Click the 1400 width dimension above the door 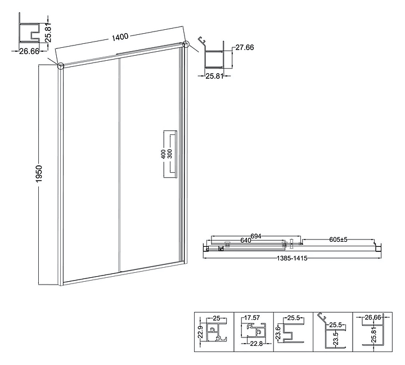click(x=120, y=36)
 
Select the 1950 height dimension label click(x=39, y=174)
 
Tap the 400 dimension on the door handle click(x=163, y=154)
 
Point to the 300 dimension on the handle click(x=169, y=154)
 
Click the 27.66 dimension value click(x=245, y=47)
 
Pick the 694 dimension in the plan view click(x=256, y=236)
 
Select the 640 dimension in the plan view click(x=246, y=241)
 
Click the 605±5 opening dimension click(x=339, y=240)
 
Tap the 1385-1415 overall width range click(x=292, y=258)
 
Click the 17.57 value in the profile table click(x=252, y=317)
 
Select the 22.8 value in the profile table click(x=256, y=344)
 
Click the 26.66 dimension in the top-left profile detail click(x=29, y=51)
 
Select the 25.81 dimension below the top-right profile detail click(x=214, y=76)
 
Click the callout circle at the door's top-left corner click(x=60, y=66)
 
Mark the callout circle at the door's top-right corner click(x=186, y=44)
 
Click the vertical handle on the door click(x=176, y=154)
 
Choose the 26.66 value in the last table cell click(x=373, y=317)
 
